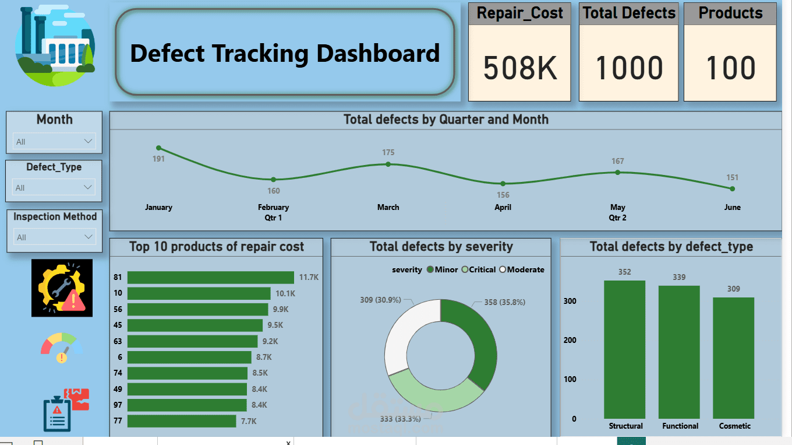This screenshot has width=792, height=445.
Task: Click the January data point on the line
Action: [158, 148]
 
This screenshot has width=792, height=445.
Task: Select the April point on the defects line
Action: [503, 184]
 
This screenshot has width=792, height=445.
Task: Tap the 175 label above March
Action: [388, 152]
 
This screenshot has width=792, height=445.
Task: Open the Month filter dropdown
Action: [54, 141]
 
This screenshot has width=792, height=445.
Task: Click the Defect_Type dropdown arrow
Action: [88, 187]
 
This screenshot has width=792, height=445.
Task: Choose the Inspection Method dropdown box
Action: [54, 237]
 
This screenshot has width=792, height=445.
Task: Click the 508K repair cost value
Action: [520, 68]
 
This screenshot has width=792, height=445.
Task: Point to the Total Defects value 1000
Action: [629, 68]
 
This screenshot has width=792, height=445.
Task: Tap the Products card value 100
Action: [730, 68]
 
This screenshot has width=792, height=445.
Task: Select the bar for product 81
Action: [210, 278]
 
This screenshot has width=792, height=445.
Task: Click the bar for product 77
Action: [181, 421]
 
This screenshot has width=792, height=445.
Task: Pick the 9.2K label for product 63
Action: [270, 341]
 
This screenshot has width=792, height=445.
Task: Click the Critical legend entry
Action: [479, 269]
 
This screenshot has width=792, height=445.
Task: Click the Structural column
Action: [624, 350]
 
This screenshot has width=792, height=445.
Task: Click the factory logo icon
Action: [54, 47]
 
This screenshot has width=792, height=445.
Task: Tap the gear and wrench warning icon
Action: [62, 288]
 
